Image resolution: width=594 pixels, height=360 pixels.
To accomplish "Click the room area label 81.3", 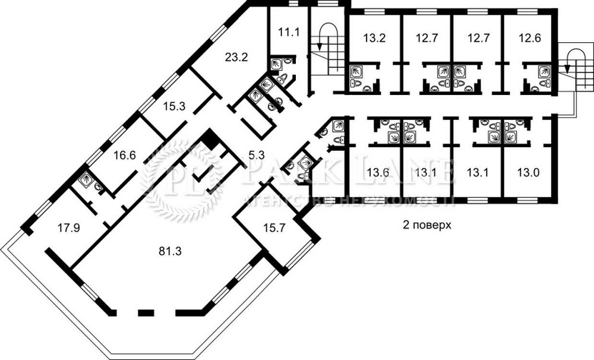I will click(170, 251).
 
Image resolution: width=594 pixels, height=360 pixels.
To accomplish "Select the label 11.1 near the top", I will click(289, 32).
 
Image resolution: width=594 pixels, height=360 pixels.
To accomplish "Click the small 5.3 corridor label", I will click(256, 156).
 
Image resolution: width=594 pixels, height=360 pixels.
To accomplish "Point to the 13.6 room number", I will click(378, 173).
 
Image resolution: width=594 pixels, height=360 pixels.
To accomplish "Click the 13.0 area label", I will click(528, 173).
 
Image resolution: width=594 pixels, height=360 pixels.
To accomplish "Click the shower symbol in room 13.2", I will click(356, 71).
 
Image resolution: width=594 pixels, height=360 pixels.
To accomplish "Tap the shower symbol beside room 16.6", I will click(85, 178).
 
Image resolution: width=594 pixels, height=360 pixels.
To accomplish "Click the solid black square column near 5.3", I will click(210, 140).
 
